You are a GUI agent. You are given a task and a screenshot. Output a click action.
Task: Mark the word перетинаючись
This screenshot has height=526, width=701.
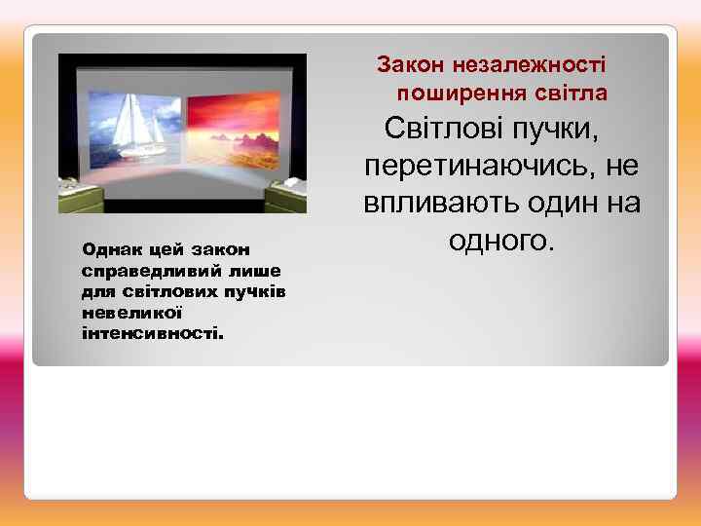[x=481, y=167]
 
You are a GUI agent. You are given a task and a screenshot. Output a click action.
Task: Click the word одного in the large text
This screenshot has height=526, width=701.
[x=502, y=242]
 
